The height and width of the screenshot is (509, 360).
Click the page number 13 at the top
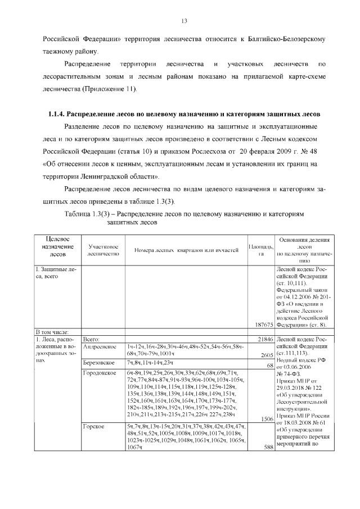pos(183,21)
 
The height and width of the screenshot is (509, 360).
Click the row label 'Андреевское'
pos(100,347)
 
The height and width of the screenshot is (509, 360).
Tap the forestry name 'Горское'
pos(93,427)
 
